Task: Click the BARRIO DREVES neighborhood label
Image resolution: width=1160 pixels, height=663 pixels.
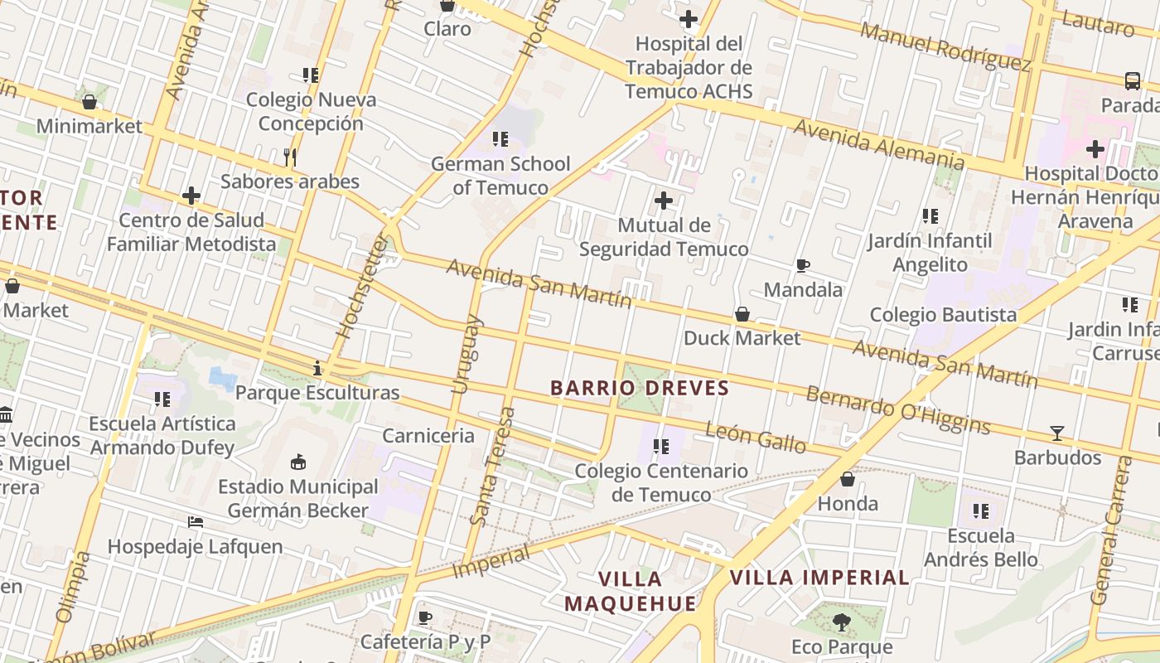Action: tap(639, 388)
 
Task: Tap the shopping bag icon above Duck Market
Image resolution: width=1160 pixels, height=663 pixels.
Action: tap(742, 315)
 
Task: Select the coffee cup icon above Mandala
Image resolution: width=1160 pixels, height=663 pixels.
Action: tap(802, 266)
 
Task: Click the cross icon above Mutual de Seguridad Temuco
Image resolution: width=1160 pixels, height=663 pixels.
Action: tap(664, 201)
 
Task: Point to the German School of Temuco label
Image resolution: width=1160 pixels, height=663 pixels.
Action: tap(500, 176)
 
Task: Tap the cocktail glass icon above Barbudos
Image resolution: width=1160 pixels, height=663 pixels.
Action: tap(1057, 433)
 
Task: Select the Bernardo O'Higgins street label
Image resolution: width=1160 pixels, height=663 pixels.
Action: tap(898, 409)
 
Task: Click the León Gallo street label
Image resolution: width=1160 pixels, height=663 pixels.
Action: tap(755, 438)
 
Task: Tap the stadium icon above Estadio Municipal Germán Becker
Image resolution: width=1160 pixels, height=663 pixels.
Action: tap(298, 462)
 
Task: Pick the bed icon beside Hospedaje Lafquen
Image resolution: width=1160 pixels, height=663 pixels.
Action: tap(196, 522)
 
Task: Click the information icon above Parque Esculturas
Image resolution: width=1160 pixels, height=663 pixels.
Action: tap(317, 368)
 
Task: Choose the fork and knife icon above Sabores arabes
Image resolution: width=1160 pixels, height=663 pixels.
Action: tap(290, 157)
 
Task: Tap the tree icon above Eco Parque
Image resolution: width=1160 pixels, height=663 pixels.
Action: tap(842, 622)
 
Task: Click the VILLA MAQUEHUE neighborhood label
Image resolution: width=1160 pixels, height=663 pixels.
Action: tap(631, 591)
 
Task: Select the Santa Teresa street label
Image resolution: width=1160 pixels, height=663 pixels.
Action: tap(492, 467)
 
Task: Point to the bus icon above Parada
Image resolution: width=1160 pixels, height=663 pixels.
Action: tap(1133, 81)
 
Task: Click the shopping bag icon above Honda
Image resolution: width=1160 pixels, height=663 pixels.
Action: tap(848, 479)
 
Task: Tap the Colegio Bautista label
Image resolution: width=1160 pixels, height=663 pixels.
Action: tap(943, 315)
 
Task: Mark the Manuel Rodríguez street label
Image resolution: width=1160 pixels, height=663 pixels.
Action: tap(945, 46)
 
